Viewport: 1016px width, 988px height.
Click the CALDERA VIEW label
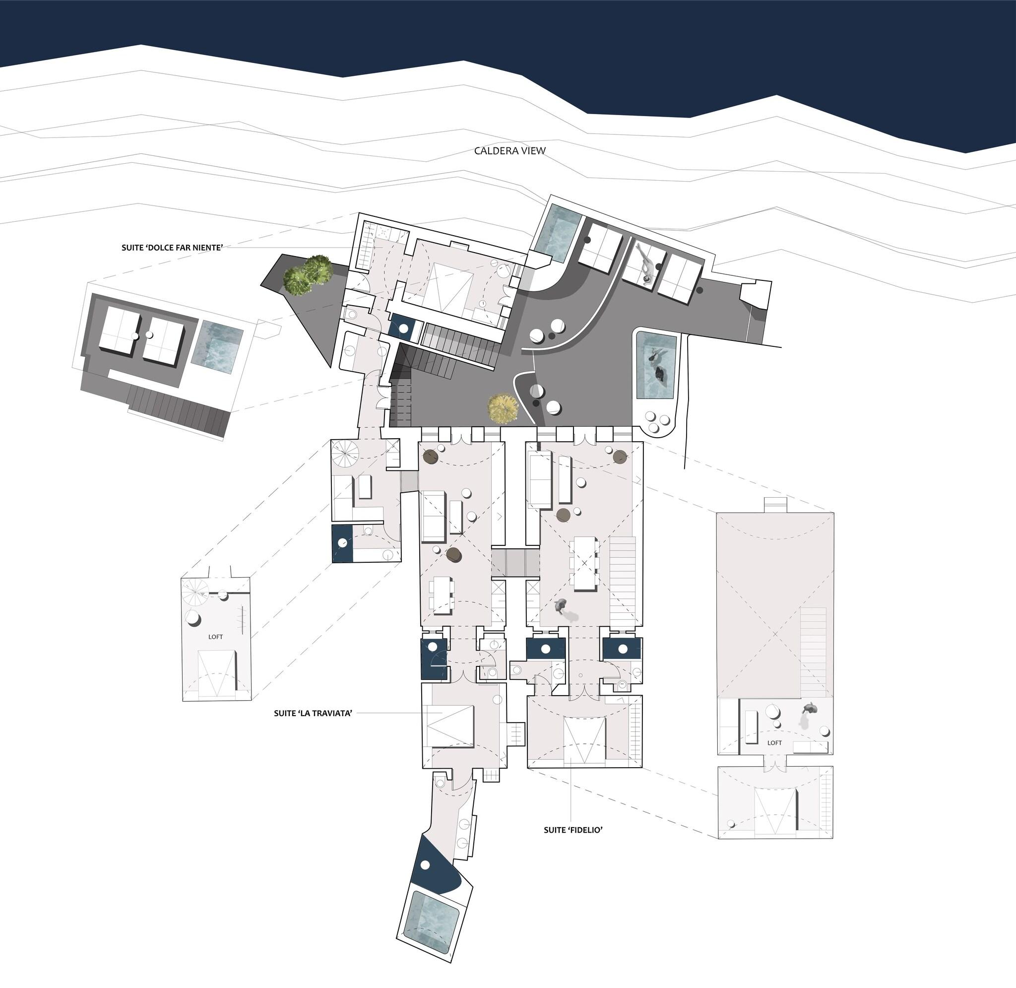510,151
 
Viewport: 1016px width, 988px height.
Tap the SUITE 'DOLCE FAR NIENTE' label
172,248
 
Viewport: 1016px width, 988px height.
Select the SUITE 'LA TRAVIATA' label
313,714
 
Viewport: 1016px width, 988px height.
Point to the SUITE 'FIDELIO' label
572,830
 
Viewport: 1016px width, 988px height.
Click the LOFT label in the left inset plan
215,637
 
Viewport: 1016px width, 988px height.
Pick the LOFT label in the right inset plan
774,742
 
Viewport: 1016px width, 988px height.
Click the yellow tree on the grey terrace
503,407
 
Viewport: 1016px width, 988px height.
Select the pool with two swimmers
656,365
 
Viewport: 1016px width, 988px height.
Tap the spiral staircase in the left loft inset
197,592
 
